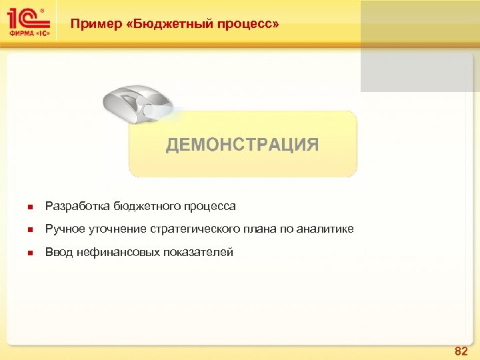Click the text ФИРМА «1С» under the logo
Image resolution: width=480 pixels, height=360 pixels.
(29, 34)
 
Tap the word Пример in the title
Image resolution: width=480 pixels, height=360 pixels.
(95, 24)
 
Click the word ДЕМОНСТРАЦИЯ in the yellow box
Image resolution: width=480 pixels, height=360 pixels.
(242, 145)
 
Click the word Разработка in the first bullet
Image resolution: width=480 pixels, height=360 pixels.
(77, 207)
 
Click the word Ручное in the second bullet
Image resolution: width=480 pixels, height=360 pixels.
(65, 229)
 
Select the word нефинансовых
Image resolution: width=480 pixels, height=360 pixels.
(117, 252)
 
